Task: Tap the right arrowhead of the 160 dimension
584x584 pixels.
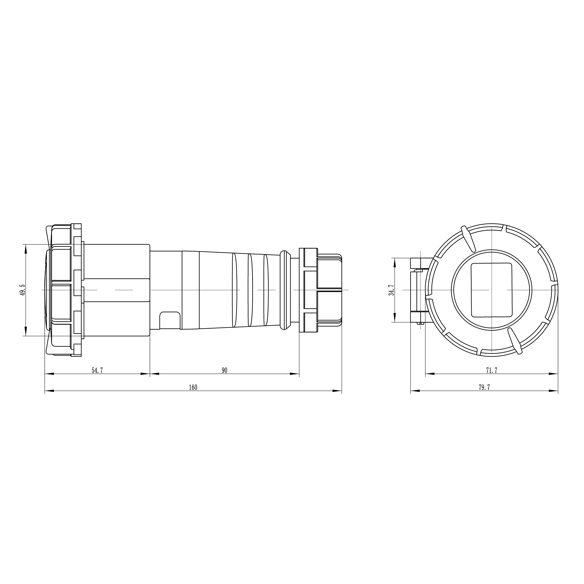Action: (x=337, y=391)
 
